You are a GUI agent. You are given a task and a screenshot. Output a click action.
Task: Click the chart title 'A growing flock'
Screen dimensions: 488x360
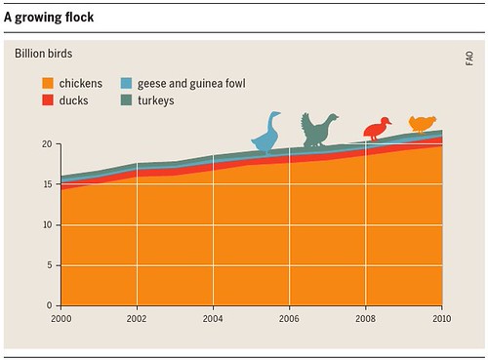pos(49,18)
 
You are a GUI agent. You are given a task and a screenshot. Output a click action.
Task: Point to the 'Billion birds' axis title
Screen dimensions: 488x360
pos(44,54)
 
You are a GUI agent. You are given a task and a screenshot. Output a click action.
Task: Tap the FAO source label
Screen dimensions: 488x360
pos(469,59)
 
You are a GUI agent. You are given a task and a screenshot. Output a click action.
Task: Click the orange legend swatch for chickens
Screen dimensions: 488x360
pos(48,83)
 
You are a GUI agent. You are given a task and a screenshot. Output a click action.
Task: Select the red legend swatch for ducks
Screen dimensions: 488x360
pos(48,100)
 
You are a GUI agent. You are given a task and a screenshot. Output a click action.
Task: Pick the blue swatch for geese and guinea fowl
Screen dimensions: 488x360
pos(126,83)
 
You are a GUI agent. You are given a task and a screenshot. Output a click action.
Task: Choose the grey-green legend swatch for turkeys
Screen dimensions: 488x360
pos(126,100)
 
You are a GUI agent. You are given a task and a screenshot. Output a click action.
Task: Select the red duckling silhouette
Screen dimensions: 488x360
pos(376,130)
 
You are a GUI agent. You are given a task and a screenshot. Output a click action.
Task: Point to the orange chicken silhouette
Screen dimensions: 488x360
pos(422,124)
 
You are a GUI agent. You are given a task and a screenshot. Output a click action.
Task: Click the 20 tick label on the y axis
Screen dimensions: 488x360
pos(47,144)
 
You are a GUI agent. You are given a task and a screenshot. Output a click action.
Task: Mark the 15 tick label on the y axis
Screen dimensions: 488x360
pos(47,184)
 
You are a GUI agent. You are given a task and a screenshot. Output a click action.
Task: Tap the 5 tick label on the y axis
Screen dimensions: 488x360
pos(50,265)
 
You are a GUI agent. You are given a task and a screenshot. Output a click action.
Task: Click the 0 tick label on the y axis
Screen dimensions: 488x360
pos(49,305)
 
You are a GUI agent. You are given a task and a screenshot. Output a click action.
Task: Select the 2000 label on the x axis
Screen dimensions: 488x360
pos(61,318)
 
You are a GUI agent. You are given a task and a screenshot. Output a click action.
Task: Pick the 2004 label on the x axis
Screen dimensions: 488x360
pos(213,318)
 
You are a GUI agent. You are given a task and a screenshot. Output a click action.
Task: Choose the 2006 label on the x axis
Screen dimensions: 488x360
pos(289,318)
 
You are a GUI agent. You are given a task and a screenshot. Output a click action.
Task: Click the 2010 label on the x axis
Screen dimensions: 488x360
pos(441,318)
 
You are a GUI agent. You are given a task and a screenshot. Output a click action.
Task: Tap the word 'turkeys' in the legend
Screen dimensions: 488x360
pos(156,100)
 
